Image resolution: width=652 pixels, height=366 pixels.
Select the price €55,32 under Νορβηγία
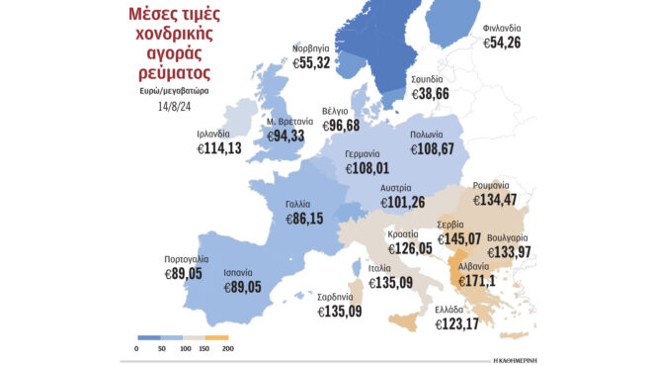pyautogui.click(x=317, y=62)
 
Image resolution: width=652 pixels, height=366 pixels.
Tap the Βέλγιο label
pyautogui.click(x=337, y=112)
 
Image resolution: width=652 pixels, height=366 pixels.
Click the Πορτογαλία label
pyautogui.click(x=189, y=261)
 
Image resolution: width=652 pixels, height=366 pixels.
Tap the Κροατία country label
pyautogui.click(x=408, y=234)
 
